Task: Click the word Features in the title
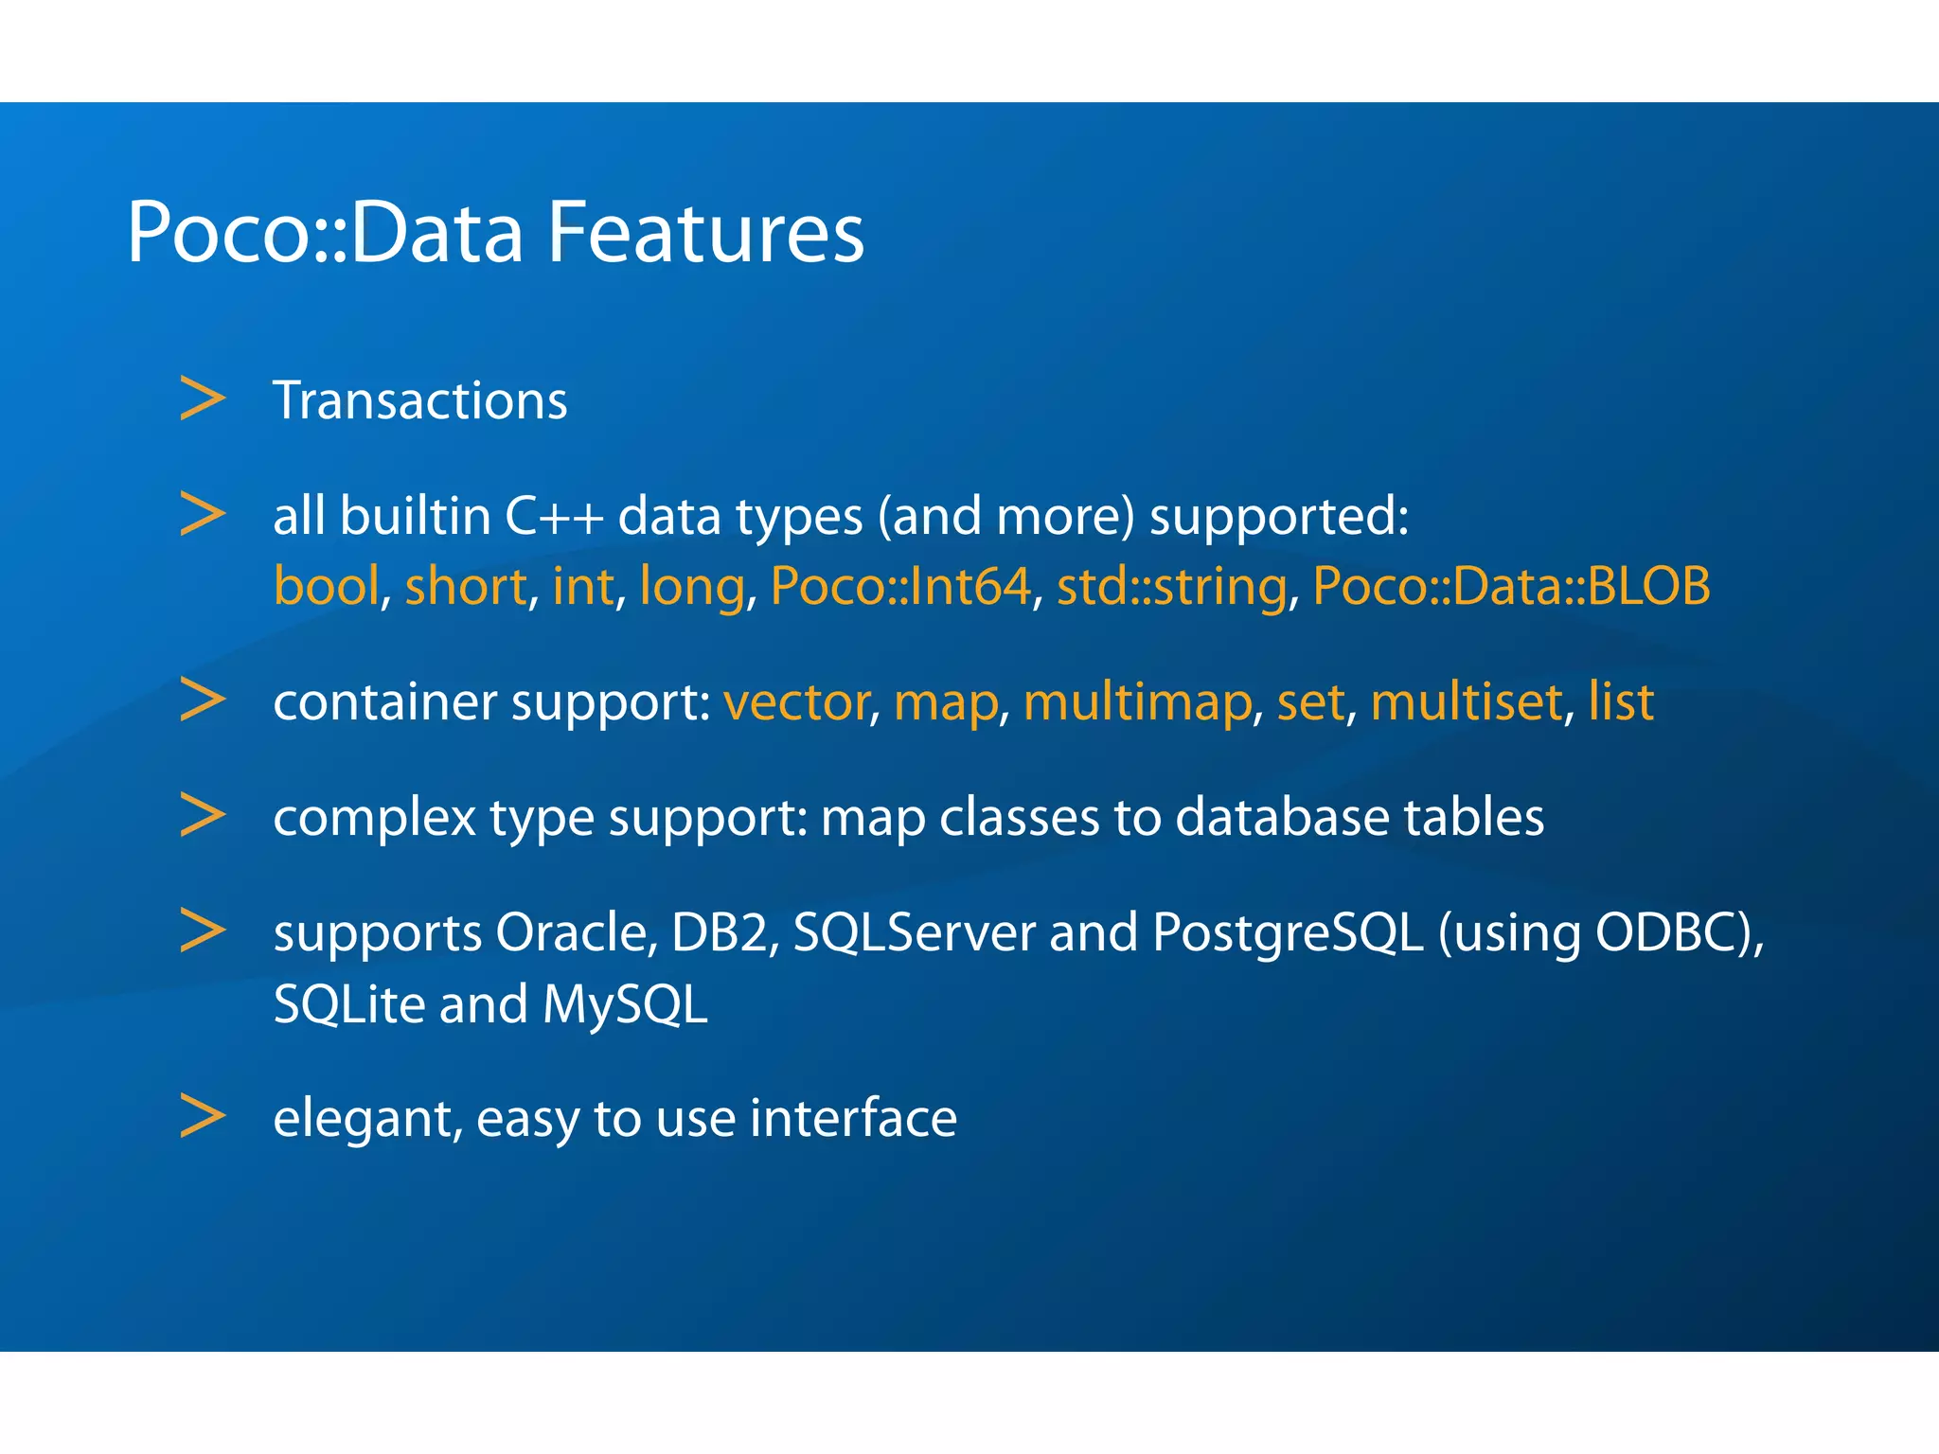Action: (705, 232)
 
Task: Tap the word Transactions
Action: (419, 400)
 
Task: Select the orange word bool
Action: (327, 586)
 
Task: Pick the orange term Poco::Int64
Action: (900, 586)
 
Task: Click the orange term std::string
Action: (1172, 586)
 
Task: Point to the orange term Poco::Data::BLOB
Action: (1511, 586)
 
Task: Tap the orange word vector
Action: (796, 702)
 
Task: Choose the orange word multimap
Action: (1137, 702)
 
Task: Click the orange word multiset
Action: (1466, 702)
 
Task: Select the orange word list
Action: (1621, 702)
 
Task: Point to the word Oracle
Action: (577, 932)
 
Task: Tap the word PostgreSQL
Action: (1288, 934)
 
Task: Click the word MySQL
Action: (625, 1004)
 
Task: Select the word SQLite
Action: (348, 1004)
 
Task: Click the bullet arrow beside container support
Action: (203, 700)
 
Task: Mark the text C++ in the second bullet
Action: (554, 517)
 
